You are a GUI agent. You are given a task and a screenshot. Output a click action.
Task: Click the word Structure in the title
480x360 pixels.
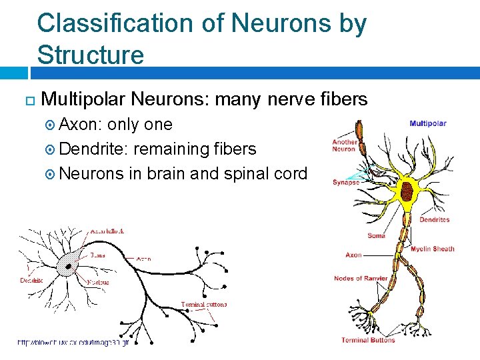(91, 55)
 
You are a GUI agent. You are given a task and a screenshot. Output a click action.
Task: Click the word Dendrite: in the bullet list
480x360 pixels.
(94, 149)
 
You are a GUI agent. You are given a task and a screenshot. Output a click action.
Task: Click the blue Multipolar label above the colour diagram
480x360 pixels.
(427, 123)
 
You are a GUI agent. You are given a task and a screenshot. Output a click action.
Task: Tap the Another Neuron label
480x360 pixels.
(345, 145)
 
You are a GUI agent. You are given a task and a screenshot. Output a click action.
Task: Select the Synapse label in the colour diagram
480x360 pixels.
(346, 182)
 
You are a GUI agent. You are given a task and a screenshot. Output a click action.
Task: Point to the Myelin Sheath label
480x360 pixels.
(432, 249)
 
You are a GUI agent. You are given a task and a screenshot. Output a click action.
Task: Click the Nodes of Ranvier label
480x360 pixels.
(361, 278)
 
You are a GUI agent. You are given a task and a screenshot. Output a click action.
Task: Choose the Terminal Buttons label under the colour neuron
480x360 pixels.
(368, 340)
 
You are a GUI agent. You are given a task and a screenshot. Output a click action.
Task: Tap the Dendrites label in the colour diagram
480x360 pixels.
(434, 219)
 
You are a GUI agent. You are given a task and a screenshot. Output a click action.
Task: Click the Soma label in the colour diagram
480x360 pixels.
(376, 235)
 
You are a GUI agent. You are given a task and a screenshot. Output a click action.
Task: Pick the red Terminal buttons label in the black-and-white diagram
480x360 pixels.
(204, 305)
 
